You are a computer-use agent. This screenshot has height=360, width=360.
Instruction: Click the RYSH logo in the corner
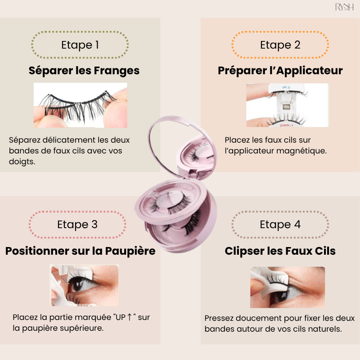coord(344,7)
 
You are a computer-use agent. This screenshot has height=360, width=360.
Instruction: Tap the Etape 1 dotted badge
coord(80,45)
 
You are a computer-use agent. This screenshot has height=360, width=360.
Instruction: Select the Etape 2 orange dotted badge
coord(280,45)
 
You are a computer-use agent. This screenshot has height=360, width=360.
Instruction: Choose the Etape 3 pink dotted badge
coord(77,224)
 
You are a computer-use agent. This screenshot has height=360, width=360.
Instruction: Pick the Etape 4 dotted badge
coord(280,224)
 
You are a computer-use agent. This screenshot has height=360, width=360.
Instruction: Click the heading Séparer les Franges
coord(84,71)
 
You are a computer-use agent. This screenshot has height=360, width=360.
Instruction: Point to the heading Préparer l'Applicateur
coord(280,71)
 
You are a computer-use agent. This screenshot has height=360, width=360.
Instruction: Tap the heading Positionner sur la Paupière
coord(81,251)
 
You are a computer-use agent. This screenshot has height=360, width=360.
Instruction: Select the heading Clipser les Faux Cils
coord(280,251)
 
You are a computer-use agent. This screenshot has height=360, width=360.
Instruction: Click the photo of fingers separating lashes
coord(81,105)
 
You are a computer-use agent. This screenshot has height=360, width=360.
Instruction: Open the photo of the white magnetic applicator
coord(287,105)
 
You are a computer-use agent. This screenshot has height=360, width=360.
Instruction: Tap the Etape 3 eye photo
coord(84,285)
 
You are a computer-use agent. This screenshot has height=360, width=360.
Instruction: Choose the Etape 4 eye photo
coord(288,287)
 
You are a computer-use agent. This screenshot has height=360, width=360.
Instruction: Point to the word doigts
coord(22,162)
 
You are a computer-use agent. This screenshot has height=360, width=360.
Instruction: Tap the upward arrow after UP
coord(129,317)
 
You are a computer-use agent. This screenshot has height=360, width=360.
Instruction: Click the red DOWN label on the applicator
coord(286,126)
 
